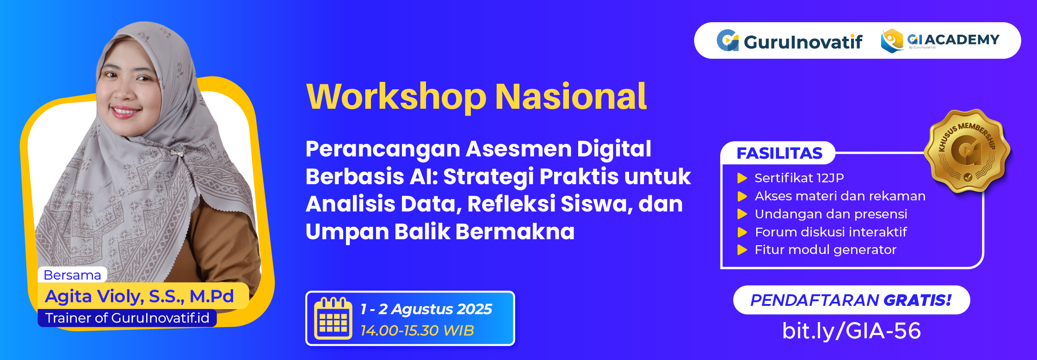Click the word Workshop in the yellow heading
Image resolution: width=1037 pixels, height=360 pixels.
click(396, 97)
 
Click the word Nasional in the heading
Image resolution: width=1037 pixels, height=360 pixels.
click(571, 97)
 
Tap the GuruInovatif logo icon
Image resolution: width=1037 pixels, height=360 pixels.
click(728, 41)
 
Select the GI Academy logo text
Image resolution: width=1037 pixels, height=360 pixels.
click(953, 40)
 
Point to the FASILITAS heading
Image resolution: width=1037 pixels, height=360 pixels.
click(779, 153)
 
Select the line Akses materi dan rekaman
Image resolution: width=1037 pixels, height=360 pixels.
click(840, 196)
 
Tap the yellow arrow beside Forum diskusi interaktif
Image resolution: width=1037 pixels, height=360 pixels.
click(742, 232)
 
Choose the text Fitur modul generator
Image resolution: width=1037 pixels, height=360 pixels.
click(826, 250)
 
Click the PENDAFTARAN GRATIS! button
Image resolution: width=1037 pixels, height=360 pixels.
click(851, 300)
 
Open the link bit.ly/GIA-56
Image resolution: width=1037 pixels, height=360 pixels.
click(851, 331)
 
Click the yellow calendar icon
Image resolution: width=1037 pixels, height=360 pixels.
click(333, 318)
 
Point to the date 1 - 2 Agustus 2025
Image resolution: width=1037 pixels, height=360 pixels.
click(426, 309)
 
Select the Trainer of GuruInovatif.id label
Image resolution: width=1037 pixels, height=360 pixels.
click(127, 318)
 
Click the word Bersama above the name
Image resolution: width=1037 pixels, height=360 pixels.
click(72, 275)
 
